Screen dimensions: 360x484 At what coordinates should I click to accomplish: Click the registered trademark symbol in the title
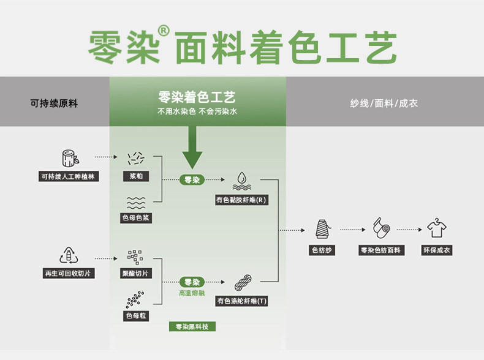pyautogui.click(x=163, y=30)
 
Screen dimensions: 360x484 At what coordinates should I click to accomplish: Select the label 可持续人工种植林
pyautogui.click(x=69, y=177)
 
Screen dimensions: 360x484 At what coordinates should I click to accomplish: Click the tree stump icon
pyautogui.click(x=69, y=157)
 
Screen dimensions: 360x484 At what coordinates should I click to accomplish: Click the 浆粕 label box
pyautogui.click(x=136, y=177)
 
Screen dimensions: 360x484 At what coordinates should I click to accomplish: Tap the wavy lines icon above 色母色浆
pyautogui.click(x=135, y=203)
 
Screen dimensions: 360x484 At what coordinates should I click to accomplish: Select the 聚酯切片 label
pyautogui.click(x=136, y=273)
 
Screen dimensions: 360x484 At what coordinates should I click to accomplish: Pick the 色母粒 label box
pyautogui.click(x=135, y=316)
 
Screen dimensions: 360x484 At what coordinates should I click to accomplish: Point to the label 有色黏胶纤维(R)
pyautogui.click(x=241, y=200)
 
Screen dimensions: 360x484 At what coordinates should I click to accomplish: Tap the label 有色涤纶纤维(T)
pyautogui.click(x=241, y=301)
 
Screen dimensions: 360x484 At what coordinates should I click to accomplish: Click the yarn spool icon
pyautogui.click(x=323, y=229)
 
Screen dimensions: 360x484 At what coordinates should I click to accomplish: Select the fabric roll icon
pyautogui.click(x=380, y=229)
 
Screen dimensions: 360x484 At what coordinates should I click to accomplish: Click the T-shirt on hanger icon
pyautogui.click(x=436, y=228)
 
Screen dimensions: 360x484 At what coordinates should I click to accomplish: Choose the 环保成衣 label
pyautogui.click(x=436, y=250)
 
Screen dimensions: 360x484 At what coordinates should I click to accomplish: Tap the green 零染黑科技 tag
pyautogui.click(x=192, y=327)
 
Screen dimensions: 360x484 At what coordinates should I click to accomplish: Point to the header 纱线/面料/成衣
pyautogui.click(x=384, y=103)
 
